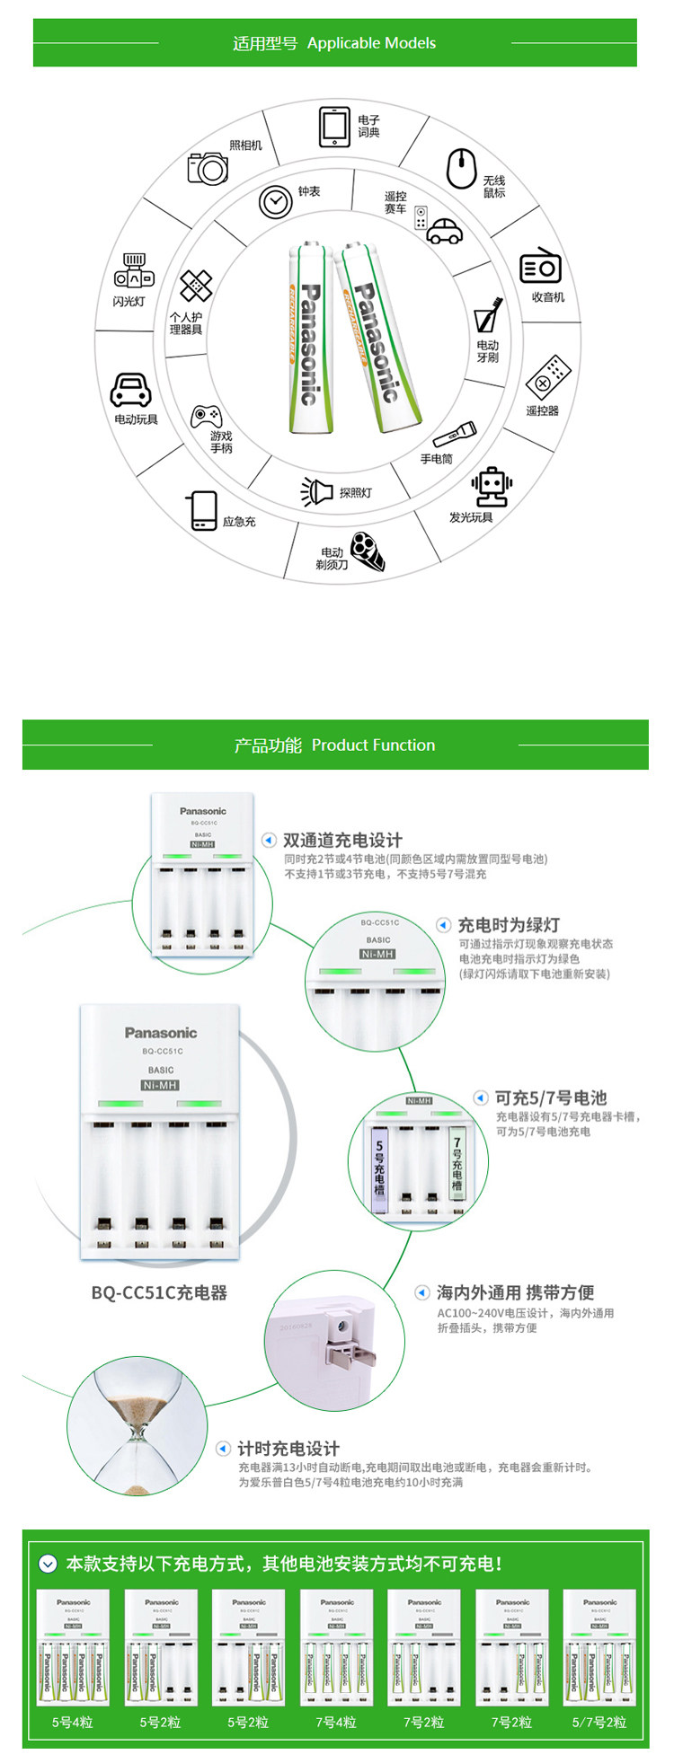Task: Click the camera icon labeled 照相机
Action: click(208, 167)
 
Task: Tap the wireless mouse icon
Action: click(461, 168)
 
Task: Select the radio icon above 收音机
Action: click(540, 266)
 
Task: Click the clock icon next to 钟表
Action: click(275, 201)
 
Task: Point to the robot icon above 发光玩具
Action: click(492, 487)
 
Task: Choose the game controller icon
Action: click(206, 416)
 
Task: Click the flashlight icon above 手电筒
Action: click(454, 435)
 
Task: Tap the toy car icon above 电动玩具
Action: click(131, 390)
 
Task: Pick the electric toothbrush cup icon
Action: click(488, 315)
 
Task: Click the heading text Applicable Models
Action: click(371, 43)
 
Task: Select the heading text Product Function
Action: click(373, 745)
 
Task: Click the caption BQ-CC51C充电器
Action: click(159, 1293)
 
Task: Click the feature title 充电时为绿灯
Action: click(509, 925)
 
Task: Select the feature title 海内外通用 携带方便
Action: click(515, 1293)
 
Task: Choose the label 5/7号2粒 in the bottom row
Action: click(599, 1723)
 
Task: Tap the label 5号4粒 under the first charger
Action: click(73, 1723)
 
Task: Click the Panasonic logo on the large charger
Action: click(161, 1033)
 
